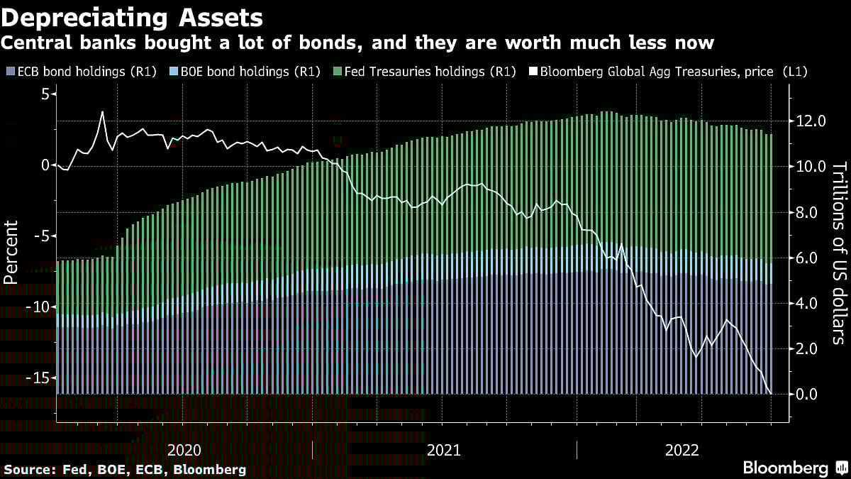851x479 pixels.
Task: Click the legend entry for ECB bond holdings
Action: coord(81,72)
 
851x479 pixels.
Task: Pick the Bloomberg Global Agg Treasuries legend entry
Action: coord(670,72)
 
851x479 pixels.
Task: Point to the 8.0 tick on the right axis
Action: coord(808,212)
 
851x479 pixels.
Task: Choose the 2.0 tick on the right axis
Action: coord(808,348)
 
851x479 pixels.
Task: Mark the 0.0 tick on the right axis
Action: coord(808,394)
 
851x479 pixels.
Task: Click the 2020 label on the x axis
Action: coord(184,450)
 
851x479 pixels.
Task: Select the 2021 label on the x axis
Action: coord(444,450)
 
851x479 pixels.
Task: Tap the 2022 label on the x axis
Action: coord(682,450)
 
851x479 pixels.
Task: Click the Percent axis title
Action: coord(11,252)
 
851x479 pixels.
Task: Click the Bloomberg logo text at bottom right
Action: coord(785,468)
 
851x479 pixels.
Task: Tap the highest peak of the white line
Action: coord(103,111)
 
